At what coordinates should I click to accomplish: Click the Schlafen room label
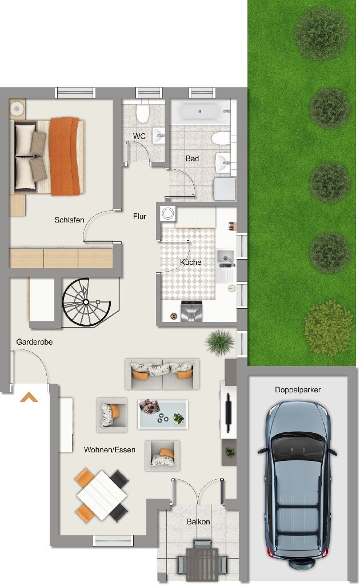point(70,220)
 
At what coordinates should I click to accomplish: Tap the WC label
point(139,136)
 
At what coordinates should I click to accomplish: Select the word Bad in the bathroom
point(192,158)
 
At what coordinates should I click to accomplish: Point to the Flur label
point(139,216)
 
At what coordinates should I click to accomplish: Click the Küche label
point(190,262)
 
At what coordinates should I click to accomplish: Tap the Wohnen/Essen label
point(110,449)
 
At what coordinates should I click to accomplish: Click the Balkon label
point(198,522)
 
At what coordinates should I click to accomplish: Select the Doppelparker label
point(298,390)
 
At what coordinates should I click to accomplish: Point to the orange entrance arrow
point(29,396)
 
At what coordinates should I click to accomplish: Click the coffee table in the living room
point(163,413)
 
